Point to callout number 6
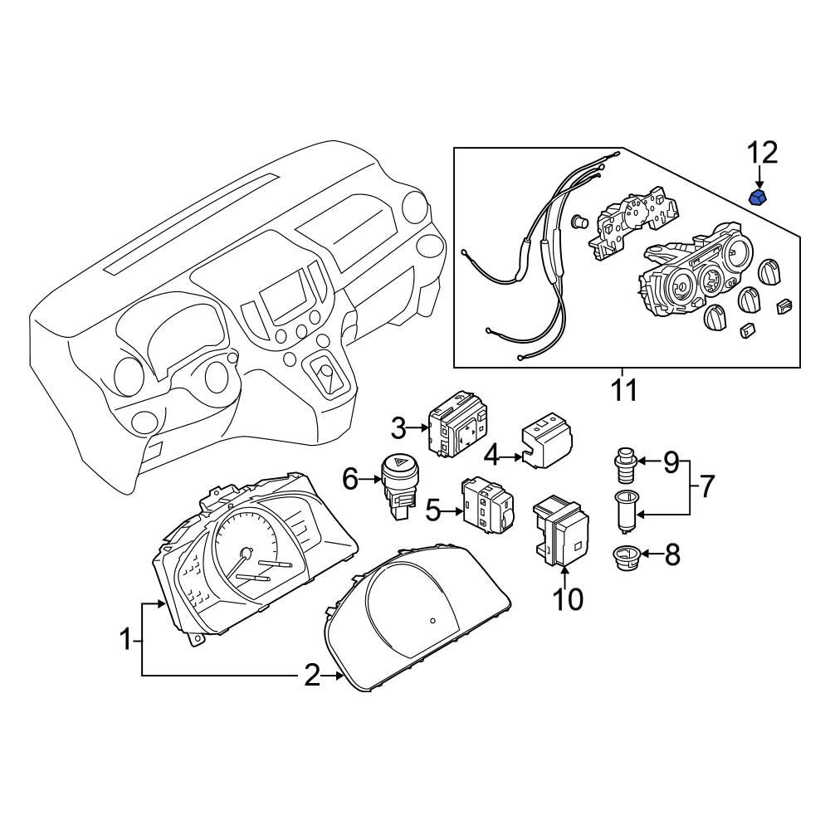349,479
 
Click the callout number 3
399,428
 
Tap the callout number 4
492,456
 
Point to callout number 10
569,598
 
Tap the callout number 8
671,554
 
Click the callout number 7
705,486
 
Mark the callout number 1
124,640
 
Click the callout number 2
311,676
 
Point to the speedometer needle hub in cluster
247,552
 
